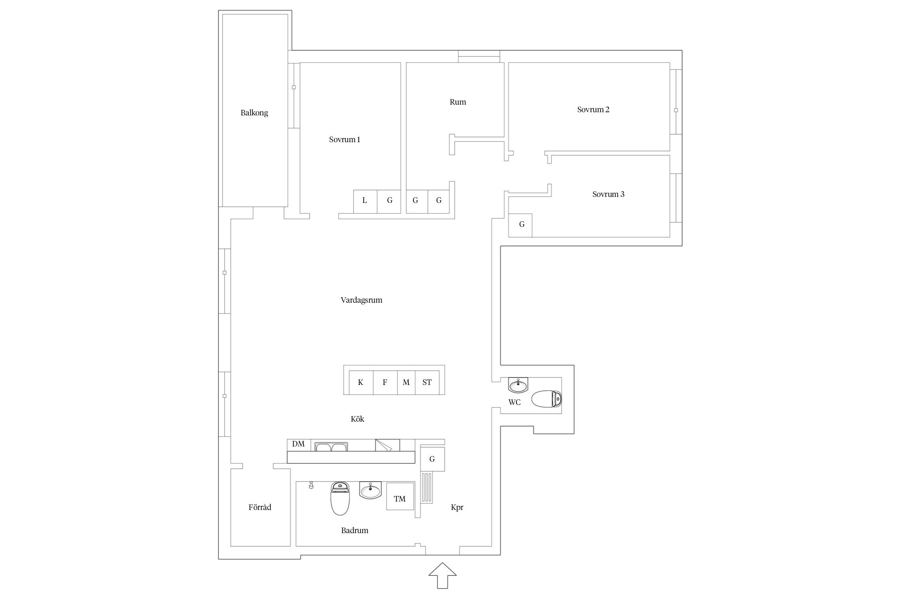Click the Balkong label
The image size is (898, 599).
(x=254, y=113)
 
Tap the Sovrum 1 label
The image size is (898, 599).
(x=344, y=139)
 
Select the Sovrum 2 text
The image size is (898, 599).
(x=593, y=109)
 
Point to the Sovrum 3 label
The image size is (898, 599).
(x=608, y=194)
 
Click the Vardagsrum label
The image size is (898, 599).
(x=361, y=300)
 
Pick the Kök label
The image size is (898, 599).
(x=357, y=419)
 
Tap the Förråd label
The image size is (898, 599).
(x=260, y=507)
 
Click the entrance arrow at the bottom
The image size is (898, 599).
(x=442, y=575)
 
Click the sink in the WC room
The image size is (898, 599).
(x=518, y=385)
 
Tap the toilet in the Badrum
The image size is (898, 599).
(x=340, y=498)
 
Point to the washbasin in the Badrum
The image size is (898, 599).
(x=370, y=490)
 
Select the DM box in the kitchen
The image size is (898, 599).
(x=299, y=445)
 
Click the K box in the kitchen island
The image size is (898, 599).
(x=361, y=383)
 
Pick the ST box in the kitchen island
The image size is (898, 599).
(x=427, y=383)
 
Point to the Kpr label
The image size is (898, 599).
(x=457, y=508)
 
